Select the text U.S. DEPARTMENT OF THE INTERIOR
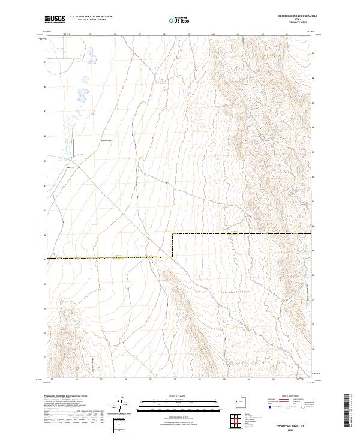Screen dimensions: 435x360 click(x=91, y=17)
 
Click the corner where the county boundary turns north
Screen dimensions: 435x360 click(x=173, y=233)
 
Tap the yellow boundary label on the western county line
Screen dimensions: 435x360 click(x=118, y=257)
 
